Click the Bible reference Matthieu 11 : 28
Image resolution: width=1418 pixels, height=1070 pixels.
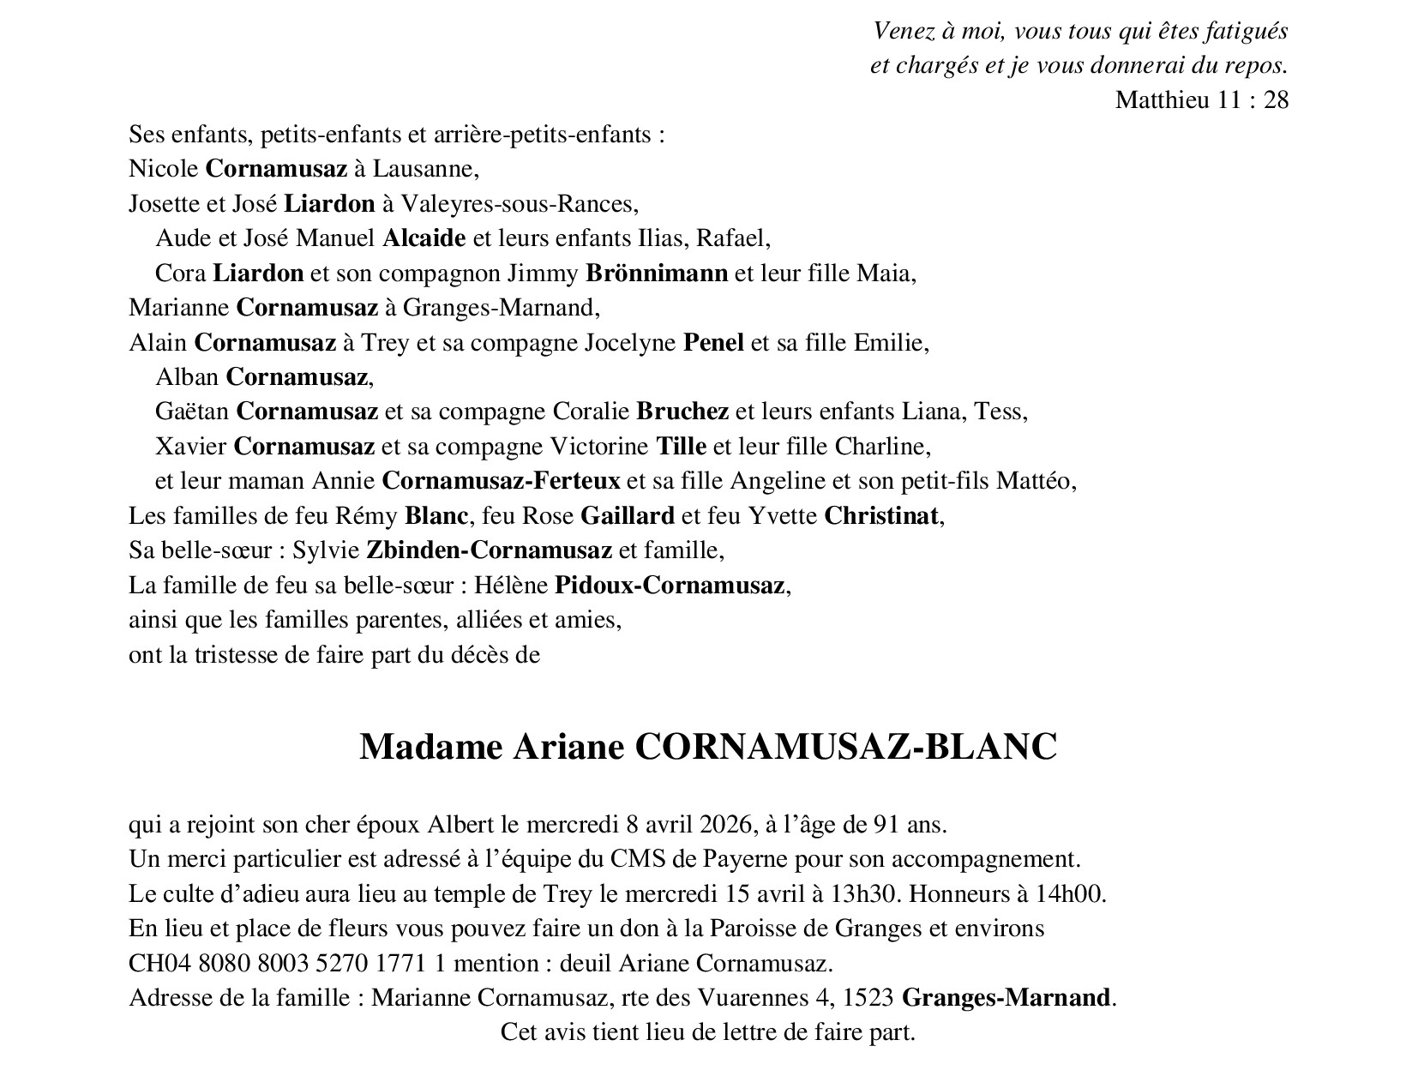1201,100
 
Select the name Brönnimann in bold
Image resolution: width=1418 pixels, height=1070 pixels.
657,274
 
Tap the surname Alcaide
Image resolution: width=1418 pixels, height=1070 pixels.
424,238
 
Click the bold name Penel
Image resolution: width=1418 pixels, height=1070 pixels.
712,343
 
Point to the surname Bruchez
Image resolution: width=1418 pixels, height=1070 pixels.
682,412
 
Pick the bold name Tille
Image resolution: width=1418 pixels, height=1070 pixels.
681,447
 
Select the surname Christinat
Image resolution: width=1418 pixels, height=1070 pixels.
882,516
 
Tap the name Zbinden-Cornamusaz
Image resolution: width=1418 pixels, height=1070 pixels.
489,550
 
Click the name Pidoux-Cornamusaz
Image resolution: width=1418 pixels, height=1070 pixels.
670,586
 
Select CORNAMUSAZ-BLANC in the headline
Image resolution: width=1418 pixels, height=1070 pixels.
845,747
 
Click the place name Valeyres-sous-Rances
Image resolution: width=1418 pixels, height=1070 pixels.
517,204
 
